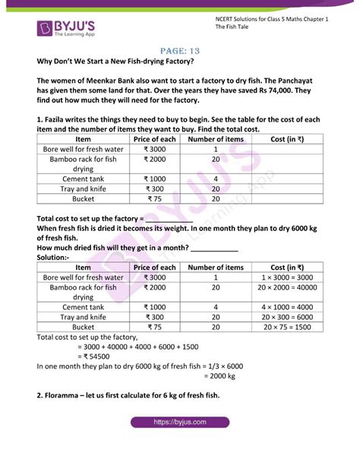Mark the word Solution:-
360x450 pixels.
click(53, 257)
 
